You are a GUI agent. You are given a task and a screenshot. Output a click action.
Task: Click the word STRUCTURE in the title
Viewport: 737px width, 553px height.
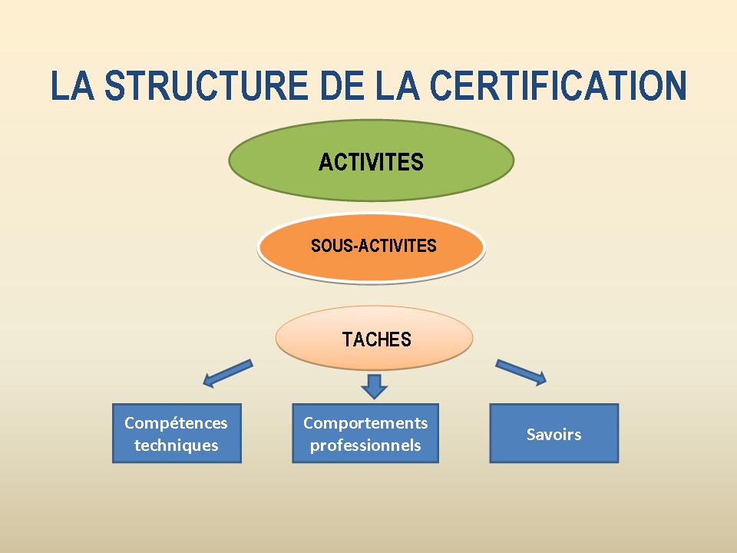[x=206, y=85]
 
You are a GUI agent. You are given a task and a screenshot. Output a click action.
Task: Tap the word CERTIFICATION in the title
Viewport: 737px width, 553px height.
[x=558, y=85]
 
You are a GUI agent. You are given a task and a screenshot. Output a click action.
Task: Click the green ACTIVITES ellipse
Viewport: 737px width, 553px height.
[x=372, y=161]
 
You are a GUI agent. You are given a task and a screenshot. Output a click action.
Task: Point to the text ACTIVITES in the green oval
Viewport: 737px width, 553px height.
[x=372, y=162]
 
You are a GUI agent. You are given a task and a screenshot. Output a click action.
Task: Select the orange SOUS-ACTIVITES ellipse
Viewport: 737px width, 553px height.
[x=372, y=247]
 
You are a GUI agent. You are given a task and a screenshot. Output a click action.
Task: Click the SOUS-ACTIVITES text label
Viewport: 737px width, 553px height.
[x=374, y=246]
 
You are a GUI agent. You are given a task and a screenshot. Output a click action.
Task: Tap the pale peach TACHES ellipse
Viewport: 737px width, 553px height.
[x=374, y=338]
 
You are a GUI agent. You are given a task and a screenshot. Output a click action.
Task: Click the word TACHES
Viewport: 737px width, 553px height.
[x=376, y=339]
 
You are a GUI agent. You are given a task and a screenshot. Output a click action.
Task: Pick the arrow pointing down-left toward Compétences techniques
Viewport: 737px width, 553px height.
[x=228, y=374]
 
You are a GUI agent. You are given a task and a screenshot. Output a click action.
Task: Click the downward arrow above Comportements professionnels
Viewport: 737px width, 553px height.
[x=374, y=386]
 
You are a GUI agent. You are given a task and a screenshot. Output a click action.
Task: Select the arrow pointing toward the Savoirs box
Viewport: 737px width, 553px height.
[x=521, y=373]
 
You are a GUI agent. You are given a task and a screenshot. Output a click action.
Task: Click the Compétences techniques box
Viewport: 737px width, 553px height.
[x=177, y=433]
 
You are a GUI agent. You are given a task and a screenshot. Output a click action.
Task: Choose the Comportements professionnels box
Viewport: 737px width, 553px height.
[x=365, y=433]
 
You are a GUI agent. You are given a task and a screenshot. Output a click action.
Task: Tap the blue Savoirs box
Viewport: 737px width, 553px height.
[x=554, y=433]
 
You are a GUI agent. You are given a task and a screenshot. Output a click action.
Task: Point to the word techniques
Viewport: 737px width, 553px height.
[x=177, y=445]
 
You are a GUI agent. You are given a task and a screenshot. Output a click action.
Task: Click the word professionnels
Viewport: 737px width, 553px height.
[x=365, y=445]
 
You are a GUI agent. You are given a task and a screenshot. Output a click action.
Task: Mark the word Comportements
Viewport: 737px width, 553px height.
[x=365, y=422]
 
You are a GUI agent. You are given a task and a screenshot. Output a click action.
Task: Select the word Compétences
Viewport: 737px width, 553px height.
[x=177, y=422]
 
